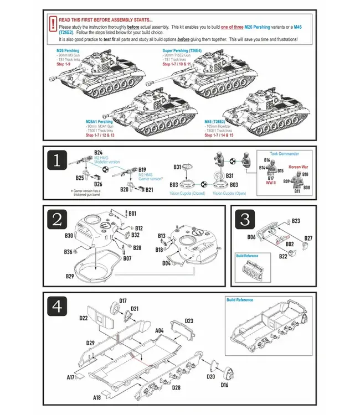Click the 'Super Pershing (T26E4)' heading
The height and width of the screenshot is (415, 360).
tap(181, 50)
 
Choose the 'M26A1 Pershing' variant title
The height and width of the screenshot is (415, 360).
tap(99, 121)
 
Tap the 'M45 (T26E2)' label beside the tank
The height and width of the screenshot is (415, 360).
tap(214, 121)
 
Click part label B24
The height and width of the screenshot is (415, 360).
tap(98, 152)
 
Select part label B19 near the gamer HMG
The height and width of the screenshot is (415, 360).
tap(142, 169)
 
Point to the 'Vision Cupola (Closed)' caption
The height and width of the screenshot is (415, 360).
tap(187, 194)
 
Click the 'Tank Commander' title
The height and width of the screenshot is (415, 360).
tap(285, 153)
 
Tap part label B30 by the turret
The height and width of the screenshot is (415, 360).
tap(69, 235)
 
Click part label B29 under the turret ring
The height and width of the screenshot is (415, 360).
tap(70, 276)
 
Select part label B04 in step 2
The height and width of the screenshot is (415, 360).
tap(166, 263)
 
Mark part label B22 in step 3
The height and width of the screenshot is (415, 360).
tap(283, 256)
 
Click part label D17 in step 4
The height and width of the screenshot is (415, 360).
tap(123, 300)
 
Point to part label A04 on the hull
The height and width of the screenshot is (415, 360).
tap(160, 330)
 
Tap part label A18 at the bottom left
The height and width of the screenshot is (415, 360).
tap(97, 397)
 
